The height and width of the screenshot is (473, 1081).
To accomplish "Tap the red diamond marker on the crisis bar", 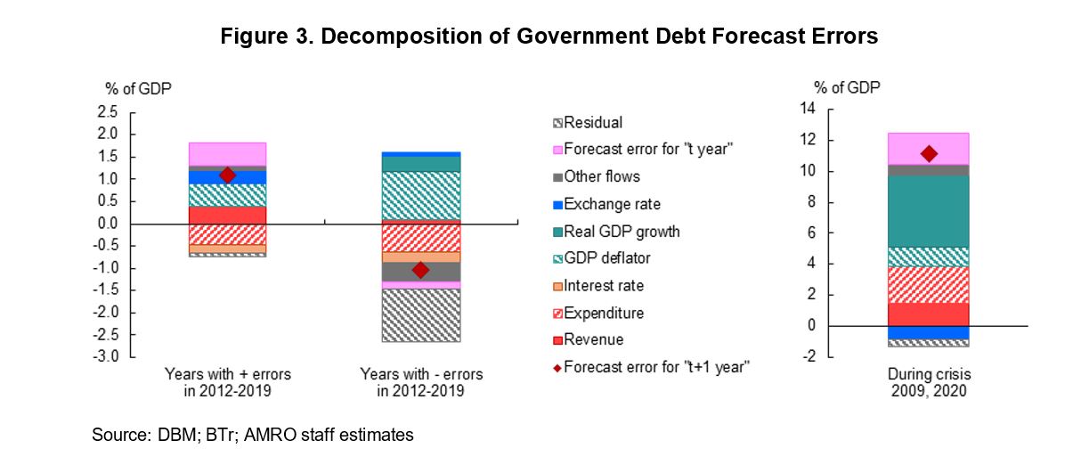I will (x=929, y=153).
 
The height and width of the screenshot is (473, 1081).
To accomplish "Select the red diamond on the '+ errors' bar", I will (x=227, y=175).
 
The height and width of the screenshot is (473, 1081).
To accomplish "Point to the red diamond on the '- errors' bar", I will (x=420, y=270).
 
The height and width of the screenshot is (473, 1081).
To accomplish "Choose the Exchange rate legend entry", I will (x=612, y=204).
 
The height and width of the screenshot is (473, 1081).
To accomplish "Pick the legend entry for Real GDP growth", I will (x=622, y=232).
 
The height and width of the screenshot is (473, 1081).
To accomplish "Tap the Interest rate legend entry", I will (x=603, y=286).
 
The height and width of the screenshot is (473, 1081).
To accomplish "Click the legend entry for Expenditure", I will (x=603, y=313).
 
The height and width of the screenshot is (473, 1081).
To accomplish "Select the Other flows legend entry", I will (x=601, y=176).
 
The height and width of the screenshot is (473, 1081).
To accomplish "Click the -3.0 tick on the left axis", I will (x=106, y=357).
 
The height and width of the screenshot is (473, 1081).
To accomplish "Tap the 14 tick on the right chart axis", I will (x=808, y=110).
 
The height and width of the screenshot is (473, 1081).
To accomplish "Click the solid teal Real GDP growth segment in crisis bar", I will (x=929, y=211).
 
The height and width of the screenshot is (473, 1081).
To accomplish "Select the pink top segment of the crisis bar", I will (x=929, y=148).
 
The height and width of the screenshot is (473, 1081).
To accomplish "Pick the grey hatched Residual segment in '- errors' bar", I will (x=420, y=315).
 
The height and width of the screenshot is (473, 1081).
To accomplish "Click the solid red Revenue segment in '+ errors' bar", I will (x=227, y=215).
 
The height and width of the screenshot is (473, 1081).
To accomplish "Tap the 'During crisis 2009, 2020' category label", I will (x=929, y=382).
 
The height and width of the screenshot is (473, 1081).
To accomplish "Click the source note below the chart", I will (x=253, y=436).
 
